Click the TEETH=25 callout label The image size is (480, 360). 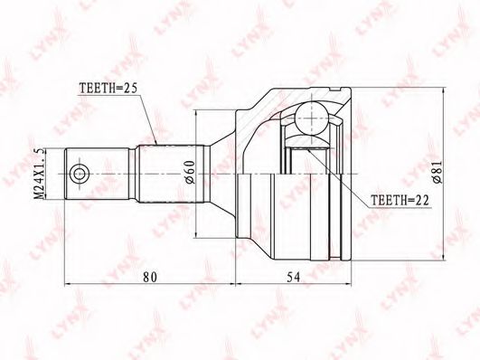108,89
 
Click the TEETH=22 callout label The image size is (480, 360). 400,201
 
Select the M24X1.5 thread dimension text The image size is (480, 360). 40,175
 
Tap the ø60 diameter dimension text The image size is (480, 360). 189,172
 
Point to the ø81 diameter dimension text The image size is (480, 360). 438,172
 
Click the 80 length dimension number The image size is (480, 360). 150,277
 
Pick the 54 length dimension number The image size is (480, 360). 293,277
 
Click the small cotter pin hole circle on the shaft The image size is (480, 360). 79,175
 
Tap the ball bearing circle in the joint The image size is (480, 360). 312,118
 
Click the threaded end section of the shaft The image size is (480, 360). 97,175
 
